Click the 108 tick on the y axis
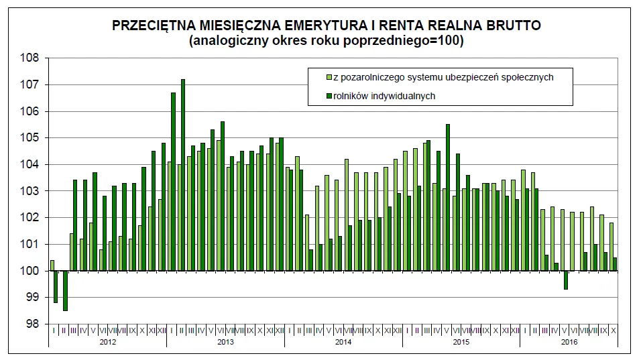point(32,58)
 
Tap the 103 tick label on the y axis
point(32,191)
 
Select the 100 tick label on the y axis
point(32,271)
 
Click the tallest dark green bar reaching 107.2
point(183,174)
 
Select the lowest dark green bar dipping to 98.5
point(65,290)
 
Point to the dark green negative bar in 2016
point(566,280)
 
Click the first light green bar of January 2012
point(52,265)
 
